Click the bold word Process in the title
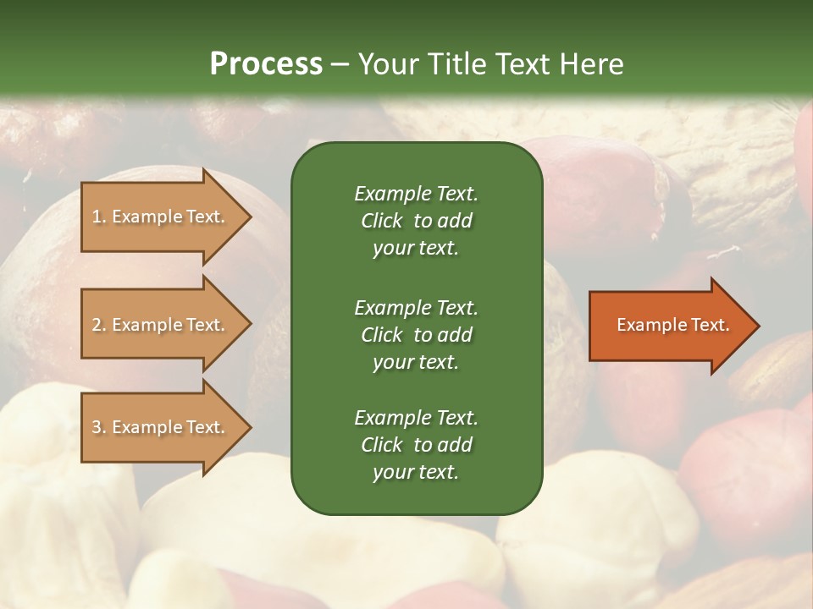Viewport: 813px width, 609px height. click(x=266, y=64)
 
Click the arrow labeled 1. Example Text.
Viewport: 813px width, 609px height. click(x=161, y=217)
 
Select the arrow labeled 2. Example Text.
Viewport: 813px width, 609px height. click(x=161, y=325)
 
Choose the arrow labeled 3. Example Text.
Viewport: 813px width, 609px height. click(x=161, y=427)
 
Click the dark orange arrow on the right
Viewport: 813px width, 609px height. click(x=669, y=325)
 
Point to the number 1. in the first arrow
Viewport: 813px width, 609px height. click(x=99, y=217)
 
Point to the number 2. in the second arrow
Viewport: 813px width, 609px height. click(x=99, y=325)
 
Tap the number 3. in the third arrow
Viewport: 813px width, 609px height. click(x=99, y=427)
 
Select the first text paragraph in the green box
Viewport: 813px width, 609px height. click(x=416, y=221)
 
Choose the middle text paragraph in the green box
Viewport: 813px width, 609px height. click(x=416, y=334)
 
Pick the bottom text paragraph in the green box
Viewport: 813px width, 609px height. click(x=416, y=445)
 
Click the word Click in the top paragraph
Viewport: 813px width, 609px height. click(x=381, y=221)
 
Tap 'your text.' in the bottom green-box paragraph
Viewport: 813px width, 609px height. click(x=416, y=473)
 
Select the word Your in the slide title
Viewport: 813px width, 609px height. click(x=386, y=64)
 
